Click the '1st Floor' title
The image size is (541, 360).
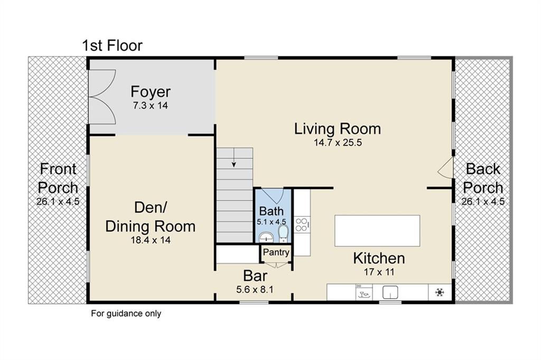tap(112, 45)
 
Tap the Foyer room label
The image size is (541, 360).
tap(151, 91)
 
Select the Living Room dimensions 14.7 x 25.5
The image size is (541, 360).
tap(338, 142)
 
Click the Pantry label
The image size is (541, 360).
tap(276, 253)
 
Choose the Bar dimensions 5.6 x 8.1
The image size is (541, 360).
tap(255, 289)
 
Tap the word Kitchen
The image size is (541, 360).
tap(379, 259)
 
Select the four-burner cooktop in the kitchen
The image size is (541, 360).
tap(302, 224)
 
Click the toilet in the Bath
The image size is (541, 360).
tap(283, 233)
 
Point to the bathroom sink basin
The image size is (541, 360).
tap(266, 236)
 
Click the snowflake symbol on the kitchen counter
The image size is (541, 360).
tap(439, 292)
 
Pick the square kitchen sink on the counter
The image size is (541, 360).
tap(390, 292)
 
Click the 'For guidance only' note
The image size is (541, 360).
tap(126, 313)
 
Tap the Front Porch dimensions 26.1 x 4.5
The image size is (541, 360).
tap(58, 201)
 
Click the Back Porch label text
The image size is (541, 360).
tap(483, 178)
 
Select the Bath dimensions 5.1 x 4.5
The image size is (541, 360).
tap(271, 222)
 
